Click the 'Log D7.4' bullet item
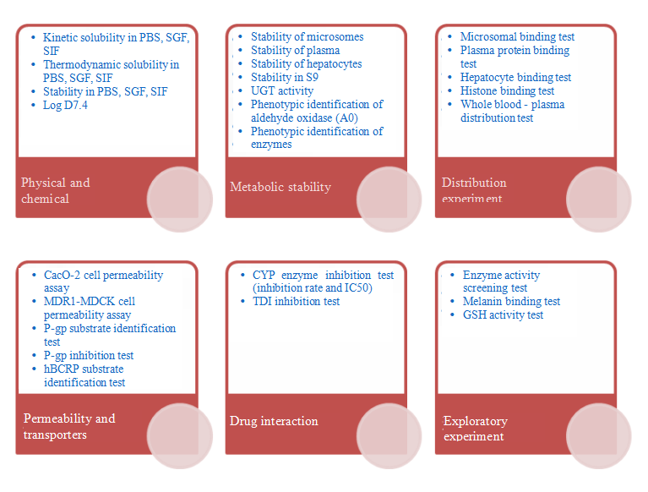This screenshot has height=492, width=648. [x=65, y=106]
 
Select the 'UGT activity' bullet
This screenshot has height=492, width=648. [x=282, y=91]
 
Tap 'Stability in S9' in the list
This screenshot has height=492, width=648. [x=285, y=77]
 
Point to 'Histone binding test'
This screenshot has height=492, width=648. [x=508, y=91]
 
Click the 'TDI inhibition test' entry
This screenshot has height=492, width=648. [x=297, y=302]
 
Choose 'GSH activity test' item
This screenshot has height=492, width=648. [x=503, y=315]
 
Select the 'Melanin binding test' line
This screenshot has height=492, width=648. [x=512, y=302]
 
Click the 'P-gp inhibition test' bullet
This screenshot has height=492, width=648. [x=89, y=356]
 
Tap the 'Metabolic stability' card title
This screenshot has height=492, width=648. [x=280, y=187]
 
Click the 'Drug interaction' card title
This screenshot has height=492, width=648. [x=274, y=421]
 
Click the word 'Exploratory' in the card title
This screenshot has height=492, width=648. [x=476, y=421]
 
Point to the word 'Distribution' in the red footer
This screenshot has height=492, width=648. [x=474, y=183]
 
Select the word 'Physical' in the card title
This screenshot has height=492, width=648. [x=43, y=183]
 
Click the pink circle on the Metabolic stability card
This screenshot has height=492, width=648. [x=389, y=200]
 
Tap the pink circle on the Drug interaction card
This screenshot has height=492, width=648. [x=389, y=436]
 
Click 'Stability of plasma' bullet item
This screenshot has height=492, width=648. [x=296, y=51]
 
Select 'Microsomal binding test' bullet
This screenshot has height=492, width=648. [x=517, y=37]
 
